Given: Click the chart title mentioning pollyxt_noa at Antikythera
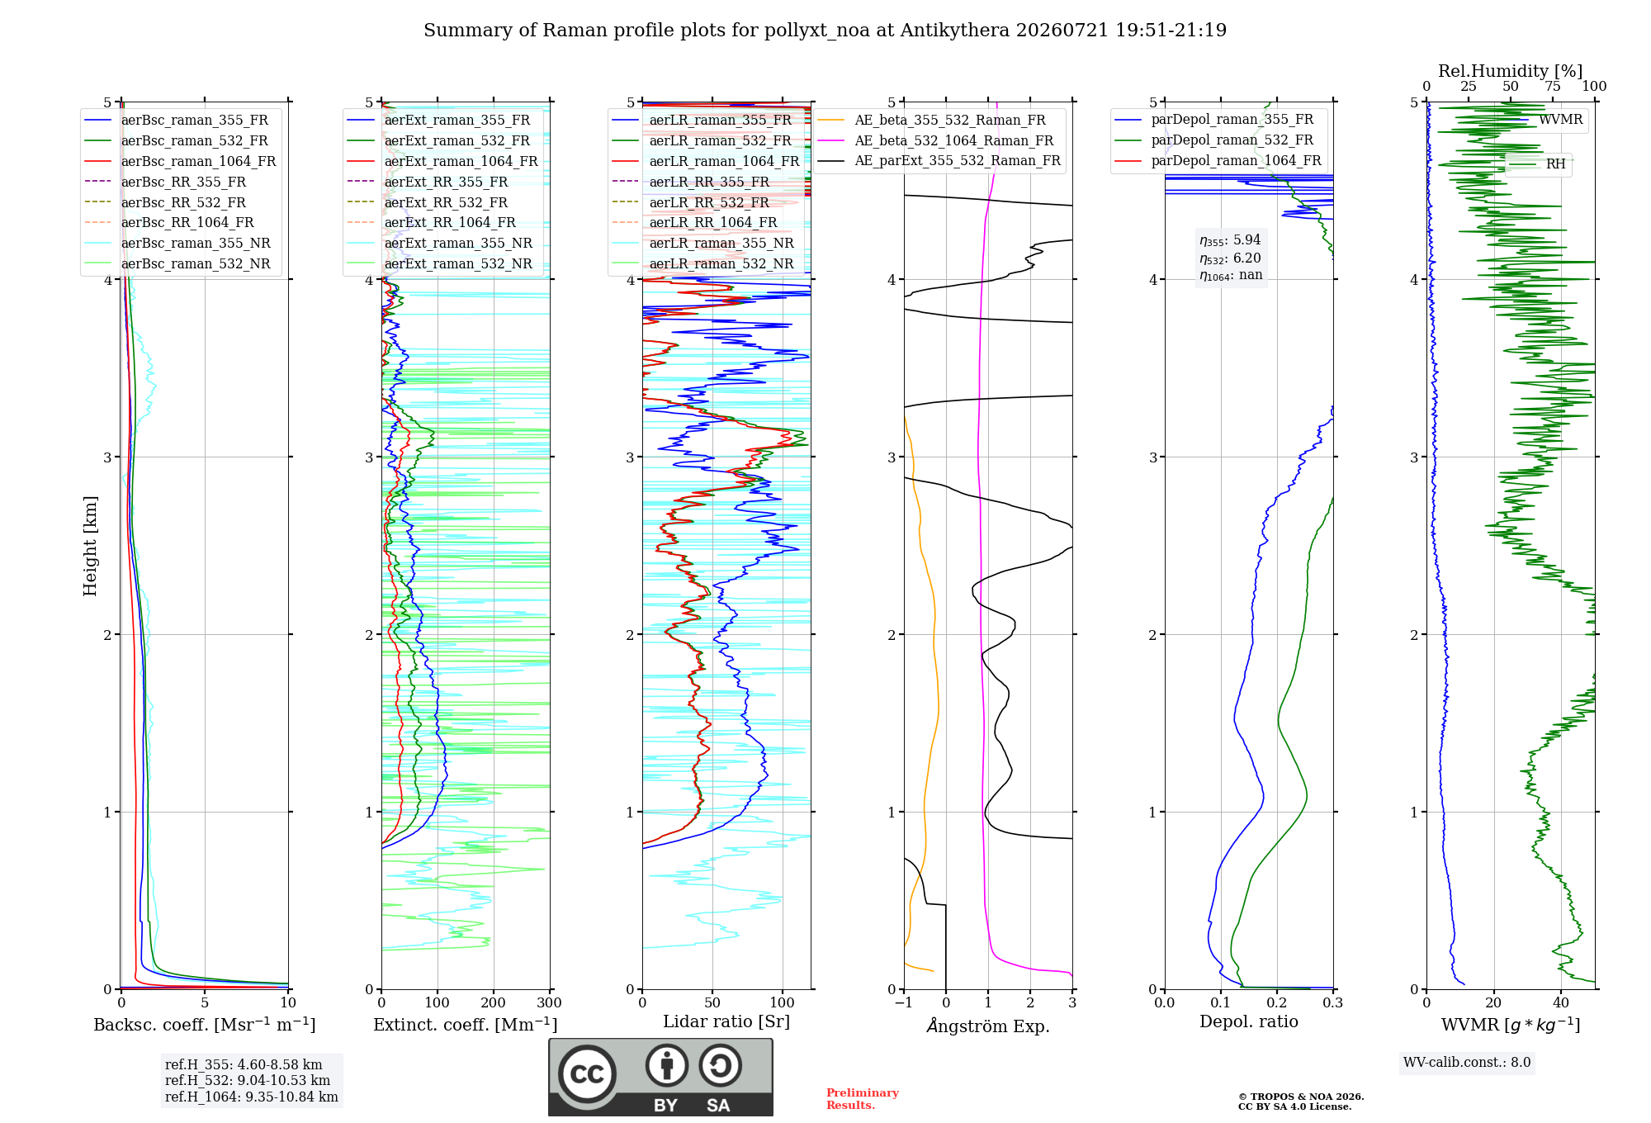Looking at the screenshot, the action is pyautogui.click(x=825, y=31).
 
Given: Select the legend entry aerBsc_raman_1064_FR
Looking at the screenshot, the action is pyautogui.click(x=198, y=161).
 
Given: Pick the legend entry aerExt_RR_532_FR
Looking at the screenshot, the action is pyautogui.click(x=446, y=202).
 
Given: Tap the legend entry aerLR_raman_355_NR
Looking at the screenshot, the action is pyautogui.click(x=721, y=243).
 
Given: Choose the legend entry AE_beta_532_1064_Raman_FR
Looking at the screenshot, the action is pyautogui.click(x=953, y=140).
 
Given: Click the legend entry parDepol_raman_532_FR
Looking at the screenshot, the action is pyautogui.click(x=1232, y=140).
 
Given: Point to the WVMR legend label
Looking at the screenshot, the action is pyautogui.click(x=1560, y=120).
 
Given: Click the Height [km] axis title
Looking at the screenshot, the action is pyautogui.click(x=90, y=546).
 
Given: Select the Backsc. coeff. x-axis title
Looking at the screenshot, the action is pyautogui.click(x=205, y=1025).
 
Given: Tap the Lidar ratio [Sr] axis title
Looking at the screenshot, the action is pyautogui.click(x=726, y=1021).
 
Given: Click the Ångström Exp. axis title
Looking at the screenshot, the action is pyautogui.click(x=988, y=1026).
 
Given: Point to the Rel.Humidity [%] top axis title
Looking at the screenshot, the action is pyautogui.click(x=1511, y=71).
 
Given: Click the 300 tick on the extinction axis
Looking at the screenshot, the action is pyautogui.click(x=549, y=1002).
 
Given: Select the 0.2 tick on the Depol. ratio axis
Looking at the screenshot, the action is pyautogui.click(x=1277, y=1002).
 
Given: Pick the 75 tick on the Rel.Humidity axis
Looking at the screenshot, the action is pyautogui.click(x=1553, y=86).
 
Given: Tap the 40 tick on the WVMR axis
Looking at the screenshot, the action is pyautogui.click(x=1561, y=1002).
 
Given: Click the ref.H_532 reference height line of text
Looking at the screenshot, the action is pyautogui.click(x=248, y=1080).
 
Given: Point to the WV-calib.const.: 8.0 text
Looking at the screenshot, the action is pyautogui.click(x=1467, y=1062).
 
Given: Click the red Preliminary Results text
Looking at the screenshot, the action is pyautogui.click(x=863, y=1099).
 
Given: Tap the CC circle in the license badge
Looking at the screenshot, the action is pyautogui.click(x=587, y=1074).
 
